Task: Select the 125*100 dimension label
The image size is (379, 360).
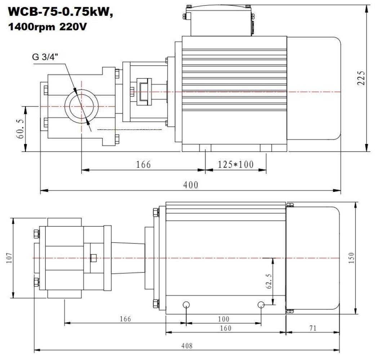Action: coord(236,165)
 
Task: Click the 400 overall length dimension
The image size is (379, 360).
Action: coord(191,185)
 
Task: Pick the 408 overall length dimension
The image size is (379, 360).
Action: coord(187,346)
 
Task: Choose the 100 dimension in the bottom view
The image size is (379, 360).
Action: coord(223,319)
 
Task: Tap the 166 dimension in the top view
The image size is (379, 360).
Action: coord(143,165)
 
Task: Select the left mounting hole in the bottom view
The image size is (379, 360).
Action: coord(186,305)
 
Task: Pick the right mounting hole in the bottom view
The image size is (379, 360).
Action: coord(262,305)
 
